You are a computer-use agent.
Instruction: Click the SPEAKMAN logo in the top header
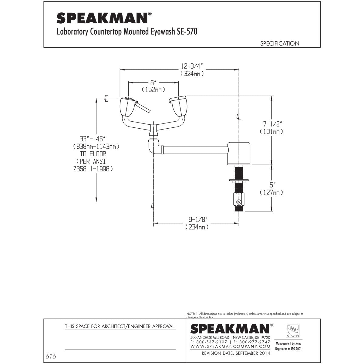[102, 18]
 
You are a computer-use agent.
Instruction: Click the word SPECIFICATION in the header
[279, 44]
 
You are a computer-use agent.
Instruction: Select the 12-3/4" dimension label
[192, 66]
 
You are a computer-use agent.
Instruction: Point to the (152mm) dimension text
[153, 89]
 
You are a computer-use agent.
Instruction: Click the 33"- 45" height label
[92, 139]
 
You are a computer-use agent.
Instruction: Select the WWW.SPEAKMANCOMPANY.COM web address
[230, 346]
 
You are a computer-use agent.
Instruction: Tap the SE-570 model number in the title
[187, 32]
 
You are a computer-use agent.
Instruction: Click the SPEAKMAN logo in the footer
[230, 329]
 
